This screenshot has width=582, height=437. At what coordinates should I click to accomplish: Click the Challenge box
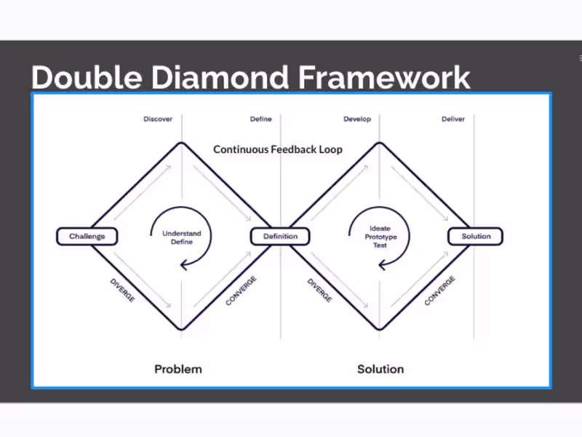pyautogui.click(x=87, y=236)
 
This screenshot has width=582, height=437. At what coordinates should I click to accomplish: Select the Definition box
pyautogui.click(x=280, y=236)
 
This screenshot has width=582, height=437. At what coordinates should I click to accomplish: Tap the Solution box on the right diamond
pyautogui.click(x=476, y=236)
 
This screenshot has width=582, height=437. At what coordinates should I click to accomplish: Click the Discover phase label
pyautogui.click(x=158, y=119)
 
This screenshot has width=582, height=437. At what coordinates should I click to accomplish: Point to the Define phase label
pyautogui.click(x=261, y=119)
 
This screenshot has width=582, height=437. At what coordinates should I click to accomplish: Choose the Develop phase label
pyautogui.click(x=357, y=119)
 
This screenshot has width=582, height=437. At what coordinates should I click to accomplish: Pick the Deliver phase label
pyautogui.click(x=453, y=119)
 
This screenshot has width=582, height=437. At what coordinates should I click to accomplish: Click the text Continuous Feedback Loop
pyautogui.click(x=278, y=149)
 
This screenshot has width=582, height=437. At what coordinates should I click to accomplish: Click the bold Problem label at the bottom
pyautogui.click(x=178, y=369)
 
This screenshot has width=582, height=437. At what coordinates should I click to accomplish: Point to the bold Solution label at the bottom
pyautogui.click(x=380, y=369)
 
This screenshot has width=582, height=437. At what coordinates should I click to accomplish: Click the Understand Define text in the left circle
pyautogui.click(x=182, y=237)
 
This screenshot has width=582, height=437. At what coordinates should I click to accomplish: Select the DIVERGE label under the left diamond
pyautogui.click(x=122, y=291)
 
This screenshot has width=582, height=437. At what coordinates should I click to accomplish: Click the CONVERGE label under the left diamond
pyautogui.click(x=241, y=290)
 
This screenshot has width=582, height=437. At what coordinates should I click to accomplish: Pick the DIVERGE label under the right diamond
pyautogui.click(x=319, y=291)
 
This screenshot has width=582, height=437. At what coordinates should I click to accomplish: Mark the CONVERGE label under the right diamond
pyautogui.click(x=439, y=290)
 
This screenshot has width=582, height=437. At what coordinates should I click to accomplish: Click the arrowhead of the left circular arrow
pyautogui.click(x=183, y=265)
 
